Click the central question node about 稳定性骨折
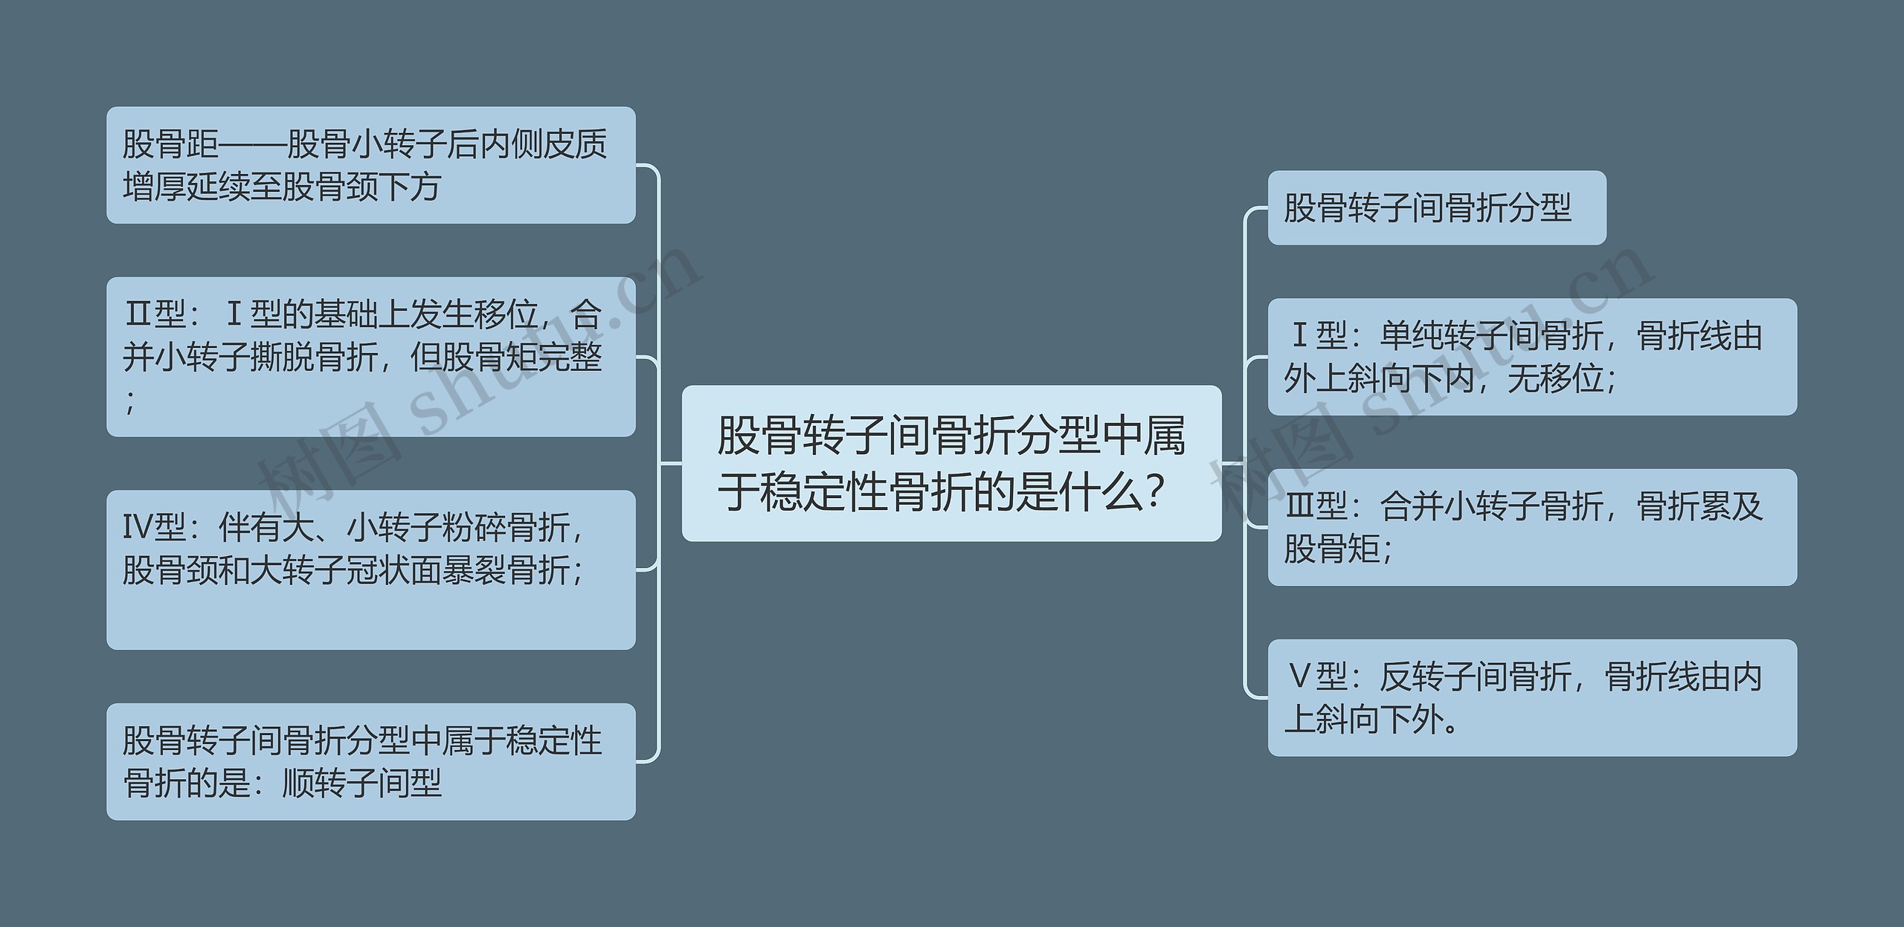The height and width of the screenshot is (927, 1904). point(951,462)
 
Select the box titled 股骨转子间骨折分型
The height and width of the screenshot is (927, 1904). point(1436,207)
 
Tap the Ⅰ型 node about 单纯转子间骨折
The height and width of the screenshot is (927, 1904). point(1531,357)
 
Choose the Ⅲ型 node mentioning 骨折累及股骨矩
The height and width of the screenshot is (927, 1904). point(1531,527)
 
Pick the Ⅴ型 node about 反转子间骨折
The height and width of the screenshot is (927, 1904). point(1531,697)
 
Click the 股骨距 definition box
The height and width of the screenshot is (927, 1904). point(370,165)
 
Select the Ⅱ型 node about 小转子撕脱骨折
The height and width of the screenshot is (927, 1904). point(370,357)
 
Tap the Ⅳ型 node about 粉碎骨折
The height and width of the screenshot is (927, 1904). point(370,569)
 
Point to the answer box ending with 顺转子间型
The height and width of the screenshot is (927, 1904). point(370,761)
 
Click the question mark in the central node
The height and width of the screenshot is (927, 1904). point(1155,491)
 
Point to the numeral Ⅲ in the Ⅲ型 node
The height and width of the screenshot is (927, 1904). point(1300,506)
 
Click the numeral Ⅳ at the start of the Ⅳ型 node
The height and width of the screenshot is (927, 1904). point(138,528)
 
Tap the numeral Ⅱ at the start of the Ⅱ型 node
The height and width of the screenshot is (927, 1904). point(138,314)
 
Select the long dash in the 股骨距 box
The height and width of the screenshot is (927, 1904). point(253,144)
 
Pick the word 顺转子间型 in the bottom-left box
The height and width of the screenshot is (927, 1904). point(362,783)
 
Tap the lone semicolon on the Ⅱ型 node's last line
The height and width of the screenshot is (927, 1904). point(131,402)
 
